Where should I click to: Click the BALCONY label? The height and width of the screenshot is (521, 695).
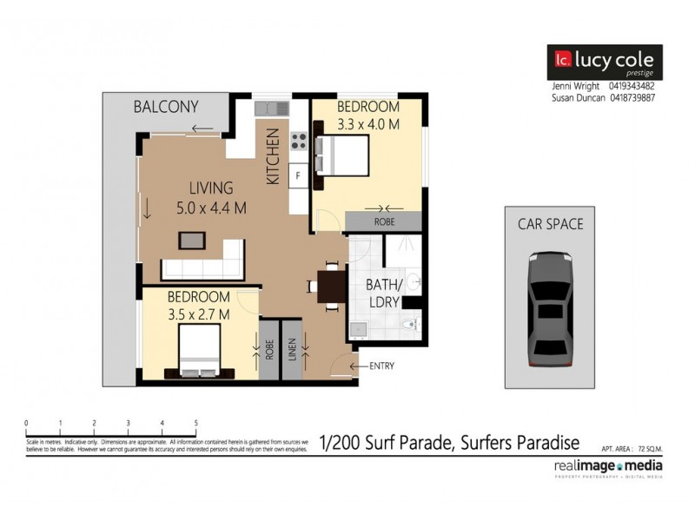coord(165,108)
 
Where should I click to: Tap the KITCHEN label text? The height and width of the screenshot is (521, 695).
coord(273,157)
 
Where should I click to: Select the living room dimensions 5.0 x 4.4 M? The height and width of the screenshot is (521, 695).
coord(212,208)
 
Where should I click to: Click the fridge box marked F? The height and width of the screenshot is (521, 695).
coord(298,175)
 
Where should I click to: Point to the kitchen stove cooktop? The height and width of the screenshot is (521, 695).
coord(299,140)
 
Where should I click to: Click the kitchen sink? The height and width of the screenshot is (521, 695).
coord(271,109)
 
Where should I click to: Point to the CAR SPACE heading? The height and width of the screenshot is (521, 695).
coord(550,224)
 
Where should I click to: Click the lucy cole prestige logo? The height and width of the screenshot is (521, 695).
coord(604,62)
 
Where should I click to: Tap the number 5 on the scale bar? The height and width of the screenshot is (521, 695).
coord(195,423)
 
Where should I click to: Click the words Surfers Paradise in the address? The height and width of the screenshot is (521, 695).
coord(518,442)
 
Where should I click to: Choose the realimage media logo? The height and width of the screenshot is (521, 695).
coord(607,467)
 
